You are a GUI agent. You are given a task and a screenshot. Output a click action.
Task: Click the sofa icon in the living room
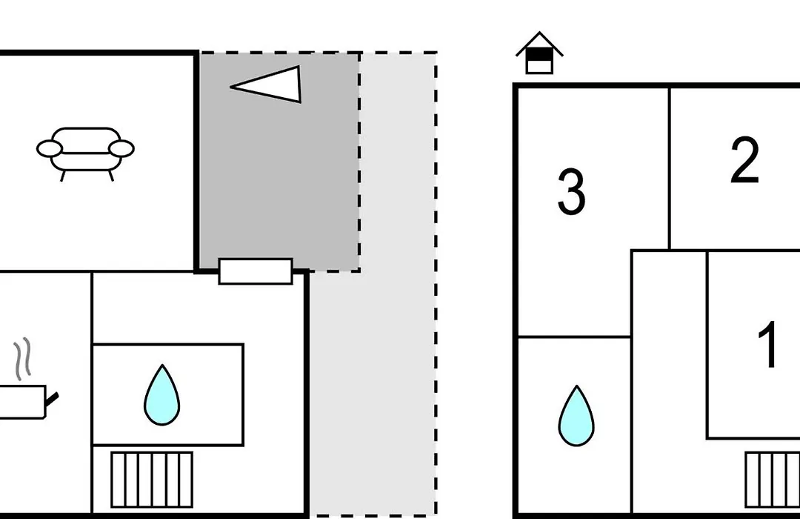pos(85,153)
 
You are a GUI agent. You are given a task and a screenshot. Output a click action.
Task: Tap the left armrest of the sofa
pos(50,148)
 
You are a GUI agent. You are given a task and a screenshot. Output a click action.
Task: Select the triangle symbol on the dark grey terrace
pos(266,85)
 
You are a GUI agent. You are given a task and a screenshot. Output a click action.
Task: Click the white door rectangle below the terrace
pos(256,271)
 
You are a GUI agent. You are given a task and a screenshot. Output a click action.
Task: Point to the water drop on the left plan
pos(161,395)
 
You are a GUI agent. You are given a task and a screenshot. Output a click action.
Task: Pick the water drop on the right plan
pos(576,416)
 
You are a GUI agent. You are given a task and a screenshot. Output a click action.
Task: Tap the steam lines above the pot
pos(22,359)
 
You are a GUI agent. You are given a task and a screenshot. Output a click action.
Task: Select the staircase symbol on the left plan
pos(152,480)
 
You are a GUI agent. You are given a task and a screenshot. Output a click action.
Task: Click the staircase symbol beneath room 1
pos(773,480)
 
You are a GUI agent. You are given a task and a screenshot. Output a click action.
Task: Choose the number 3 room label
pos(571,192)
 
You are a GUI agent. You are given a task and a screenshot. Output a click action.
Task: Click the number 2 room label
pos(745,160)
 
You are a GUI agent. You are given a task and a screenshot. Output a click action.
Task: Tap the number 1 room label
pos(768,344)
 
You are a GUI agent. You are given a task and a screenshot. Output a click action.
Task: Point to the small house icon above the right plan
pos(539,53)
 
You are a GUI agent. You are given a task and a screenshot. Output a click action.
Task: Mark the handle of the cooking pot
pos(53,399)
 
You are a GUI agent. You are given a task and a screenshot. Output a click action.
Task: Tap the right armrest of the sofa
pos(121,148)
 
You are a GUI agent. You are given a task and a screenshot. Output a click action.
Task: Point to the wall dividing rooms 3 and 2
pos(670,168)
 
